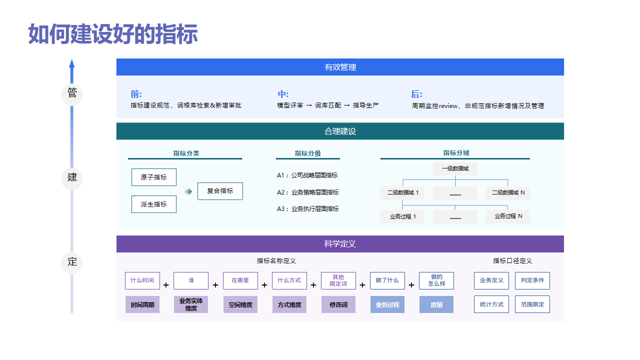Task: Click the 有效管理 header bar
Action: pos(340,67)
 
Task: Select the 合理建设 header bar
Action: pos(340,131)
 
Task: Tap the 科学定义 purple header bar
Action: pos(340,244)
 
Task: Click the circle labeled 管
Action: pos(72,93)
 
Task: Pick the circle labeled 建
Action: pos(72,177)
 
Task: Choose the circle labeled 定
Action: pos(72,262)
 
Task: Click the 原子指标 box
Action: pos(154,177)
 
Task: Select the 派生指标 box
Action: pos(154,204)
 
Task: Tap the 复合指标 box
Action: pos(220,191)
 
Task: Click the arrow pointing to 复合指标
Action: pos(187,191)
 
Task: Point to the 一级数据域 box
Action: pos(456,169)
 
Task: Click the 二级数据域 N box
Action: pos(508,192)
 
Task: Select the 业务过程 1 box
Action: pos(404,216)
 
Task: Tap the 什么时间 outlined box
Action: pos(142,281)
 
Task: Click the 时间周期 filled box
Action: pos(142,305)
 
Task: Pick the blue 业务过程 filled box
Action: pos(387,305)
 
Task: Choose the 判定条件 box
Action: pos(532,281)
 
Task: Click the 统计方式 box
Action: pos(491,305)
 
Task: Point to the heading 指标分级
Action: pos(307,153)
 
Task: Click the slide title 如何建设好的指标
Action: pos(113,35)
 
